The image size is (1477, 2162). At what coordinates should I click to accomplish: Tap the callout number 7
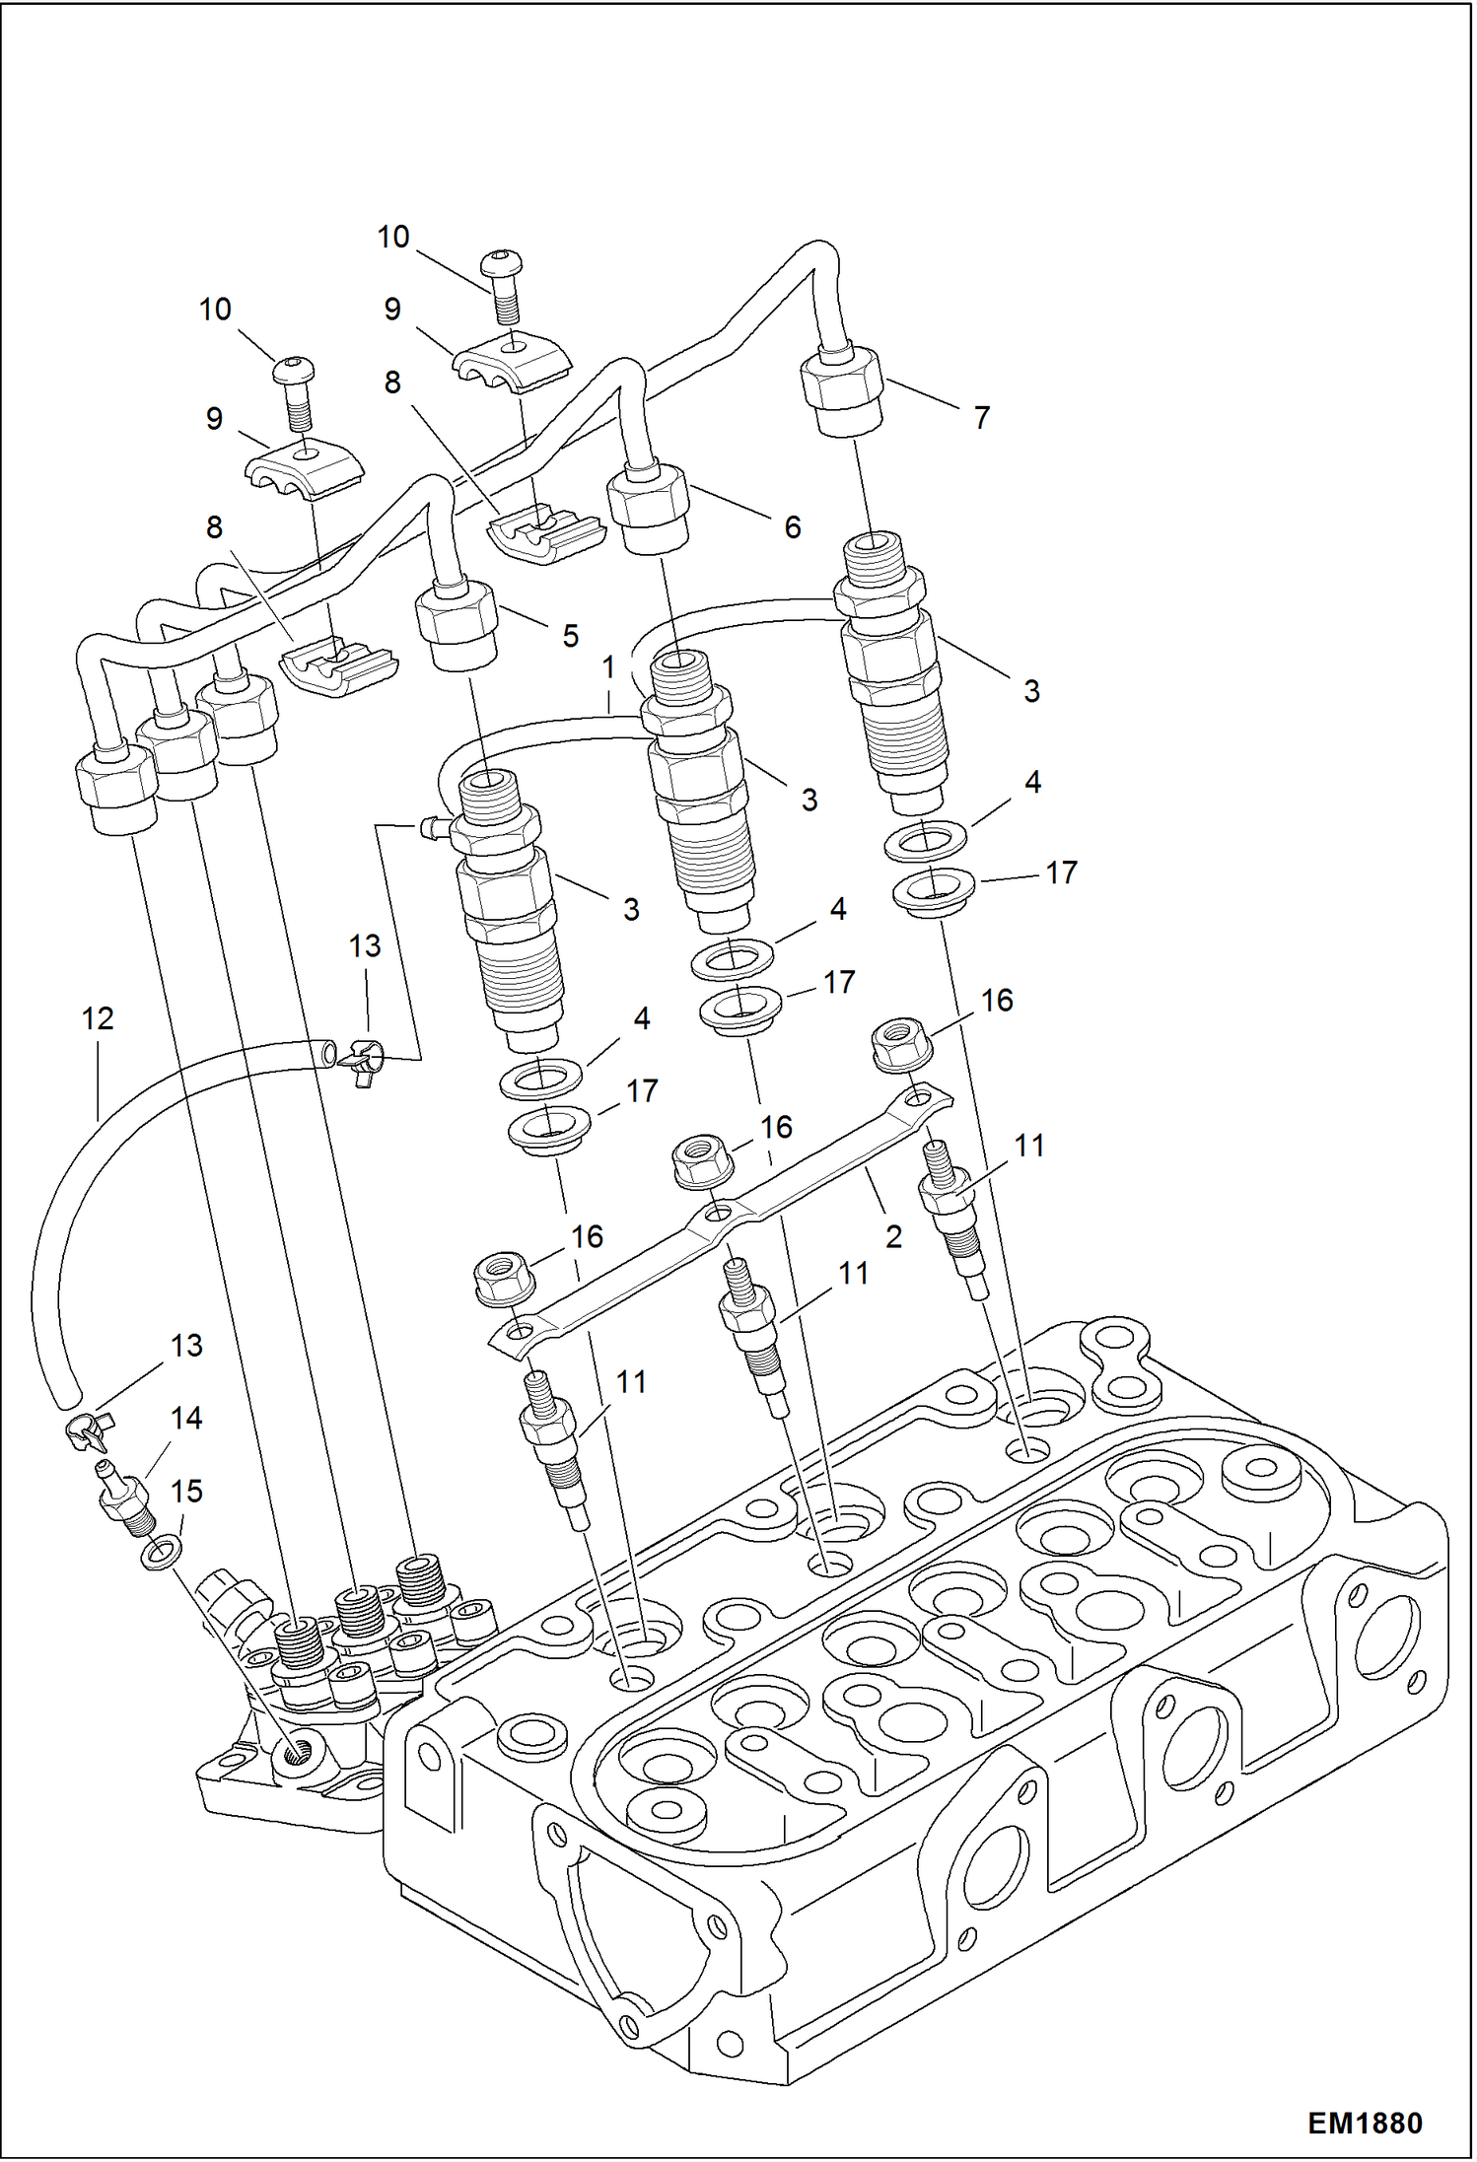[x=981, y=418]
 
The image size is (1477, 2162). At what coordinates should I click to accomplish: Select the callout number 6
[x=792, y=527]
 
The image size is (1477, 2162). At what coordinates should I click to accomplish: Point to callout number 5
[x=571, y=636]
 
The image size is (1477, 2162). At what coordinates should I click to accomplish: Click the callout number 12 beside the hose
[x=98, y=1018]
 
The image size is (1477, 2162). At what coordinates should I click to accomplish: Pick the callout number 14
[x=186, y=1418]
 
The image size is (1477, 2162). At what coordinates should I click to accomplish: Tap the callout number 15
[x=186, y=1491]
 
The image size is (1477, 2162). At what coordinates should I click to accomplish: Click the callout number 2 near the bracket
[x=893, y=1236]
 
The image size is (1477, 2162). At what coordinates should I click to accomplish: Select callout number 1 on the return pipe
[x=608, y=667]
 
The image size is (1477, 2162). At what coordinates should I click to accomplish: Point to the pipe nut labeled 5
[x=456, y=626]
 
